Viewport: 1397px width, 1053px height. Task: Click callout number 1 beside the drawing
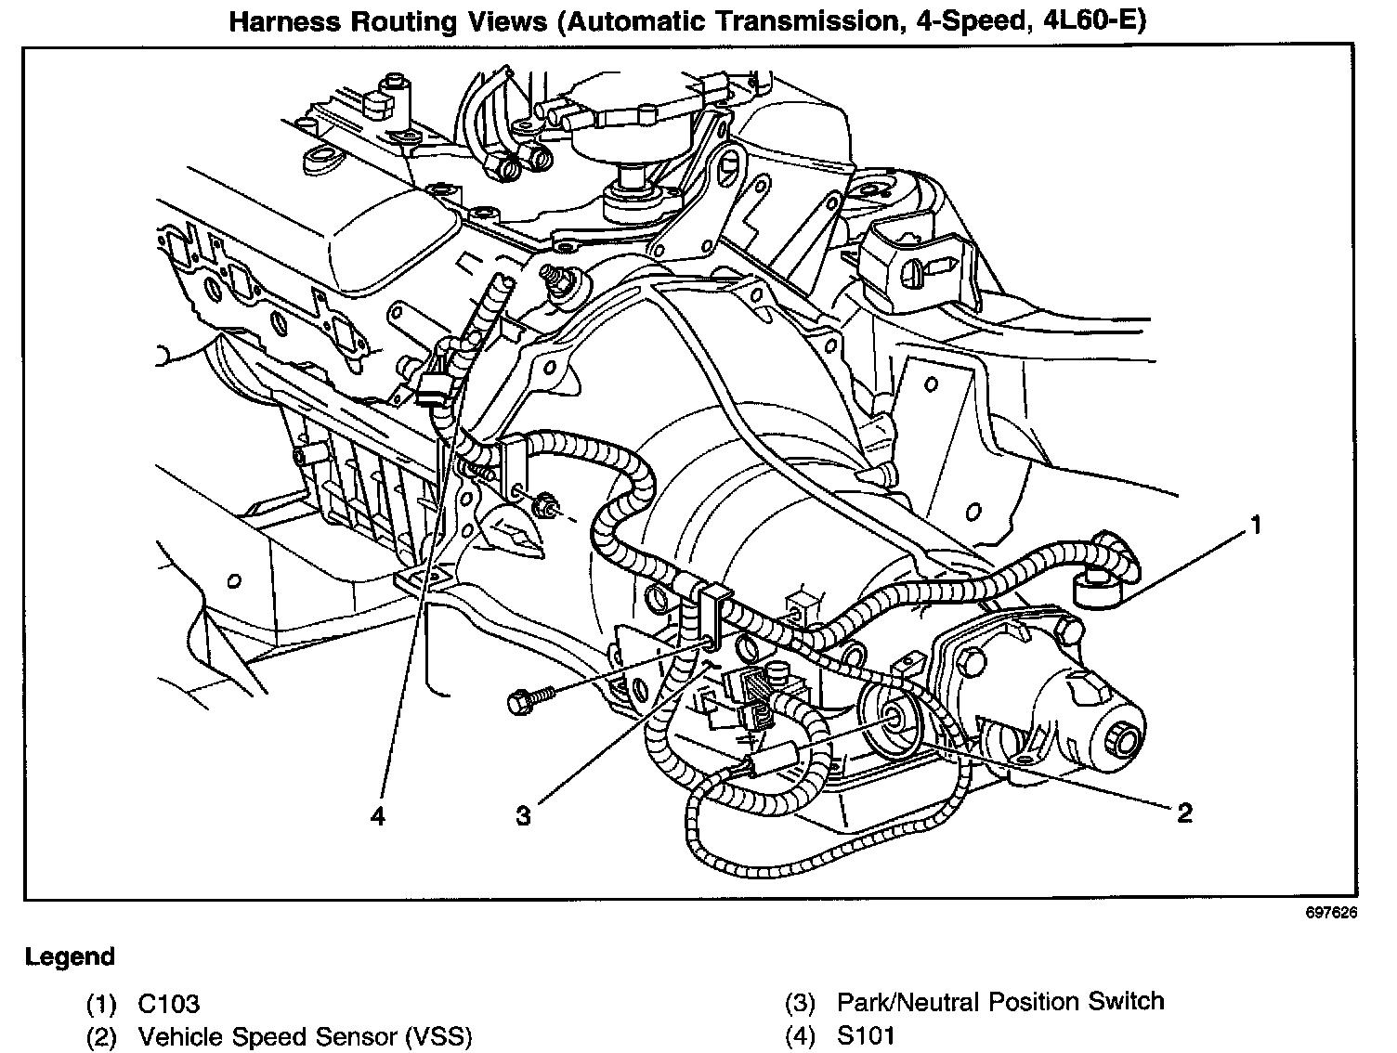pos(1255,526)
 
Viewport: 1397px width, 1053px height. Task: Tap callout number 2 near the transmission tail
pos(1183,813)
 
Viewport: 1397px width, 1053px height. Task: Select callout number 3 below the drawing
pos(524,815)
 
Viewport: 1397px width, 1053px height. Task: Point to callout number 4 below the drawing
pos(376,815)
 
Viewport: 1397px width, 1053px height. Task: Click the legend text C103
pos(168,1004)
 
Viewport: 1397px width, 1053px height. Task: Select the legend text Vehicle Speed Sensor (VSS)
pos(305,1036)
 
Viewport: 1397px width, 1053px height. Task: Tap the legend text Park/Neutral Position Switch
pos(999,1002)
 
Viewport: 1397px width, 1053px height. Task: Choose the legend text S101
pos(866,1036)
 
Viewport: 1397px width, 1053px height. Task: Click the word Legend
pos(70,956)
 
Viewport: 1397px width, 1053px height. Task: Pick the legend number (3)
pos(800,1003)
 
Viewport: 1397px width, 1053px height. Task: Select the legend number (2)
pos(101,1036)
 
